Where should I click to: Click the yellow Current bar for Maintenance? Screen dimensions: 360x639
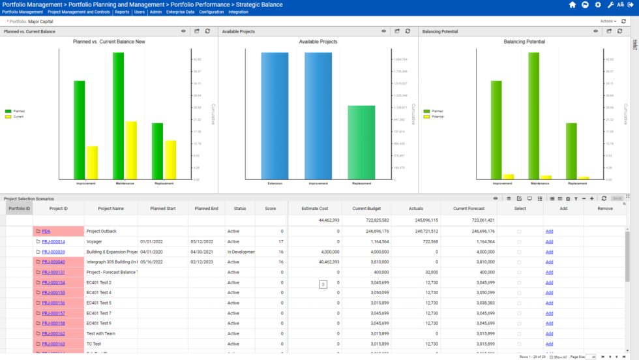click(x=131, y=150)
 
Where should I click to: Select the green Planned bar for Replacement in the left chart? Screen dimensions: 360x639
click(x=157, y=151)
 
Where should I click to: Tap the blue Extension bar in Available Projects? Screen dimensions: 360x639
click(x=275, y=115)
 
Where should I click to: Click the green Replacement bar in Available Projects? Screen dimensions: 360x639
click(x=361, y=142)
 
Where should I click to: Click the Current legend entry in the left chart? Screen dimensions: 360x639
click(x=18, y=117)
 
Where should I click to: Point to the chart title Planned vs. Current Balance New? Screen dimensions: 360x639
click(x=109, y=42)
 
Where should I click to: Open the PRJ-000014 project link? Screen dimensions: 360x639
click(x=53, y=241)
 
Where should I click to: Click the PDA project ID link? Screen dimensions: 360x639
click(x=46, y=231)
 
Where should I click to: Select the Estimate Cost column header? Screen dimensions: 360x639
click(x=314, y=208)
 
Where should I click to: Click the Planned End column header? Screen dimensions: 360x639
click(x=206, y=208)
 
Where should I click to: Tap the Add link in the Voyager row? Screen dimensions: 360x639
click(x=549, y=241)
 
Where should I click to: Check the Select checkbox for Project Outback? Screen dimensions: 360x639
click(x=520, y=232)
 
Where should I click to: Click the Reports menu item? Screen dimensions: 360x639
click(x=121, y=12)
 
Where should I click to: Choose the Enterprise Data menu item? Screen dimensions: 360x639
click(x=181, y=12)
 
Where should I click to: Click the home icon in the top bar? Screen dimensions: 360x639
click(x=572, y=5)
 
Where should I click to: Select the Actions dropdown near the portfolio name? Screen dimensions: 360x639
click(x=608, y=21)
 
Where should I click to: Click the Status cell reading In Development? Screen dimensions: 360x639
click(x=239, y=252)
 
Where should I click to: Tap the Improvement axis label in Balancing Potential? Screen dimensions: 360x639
click(x=502, y=183)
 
